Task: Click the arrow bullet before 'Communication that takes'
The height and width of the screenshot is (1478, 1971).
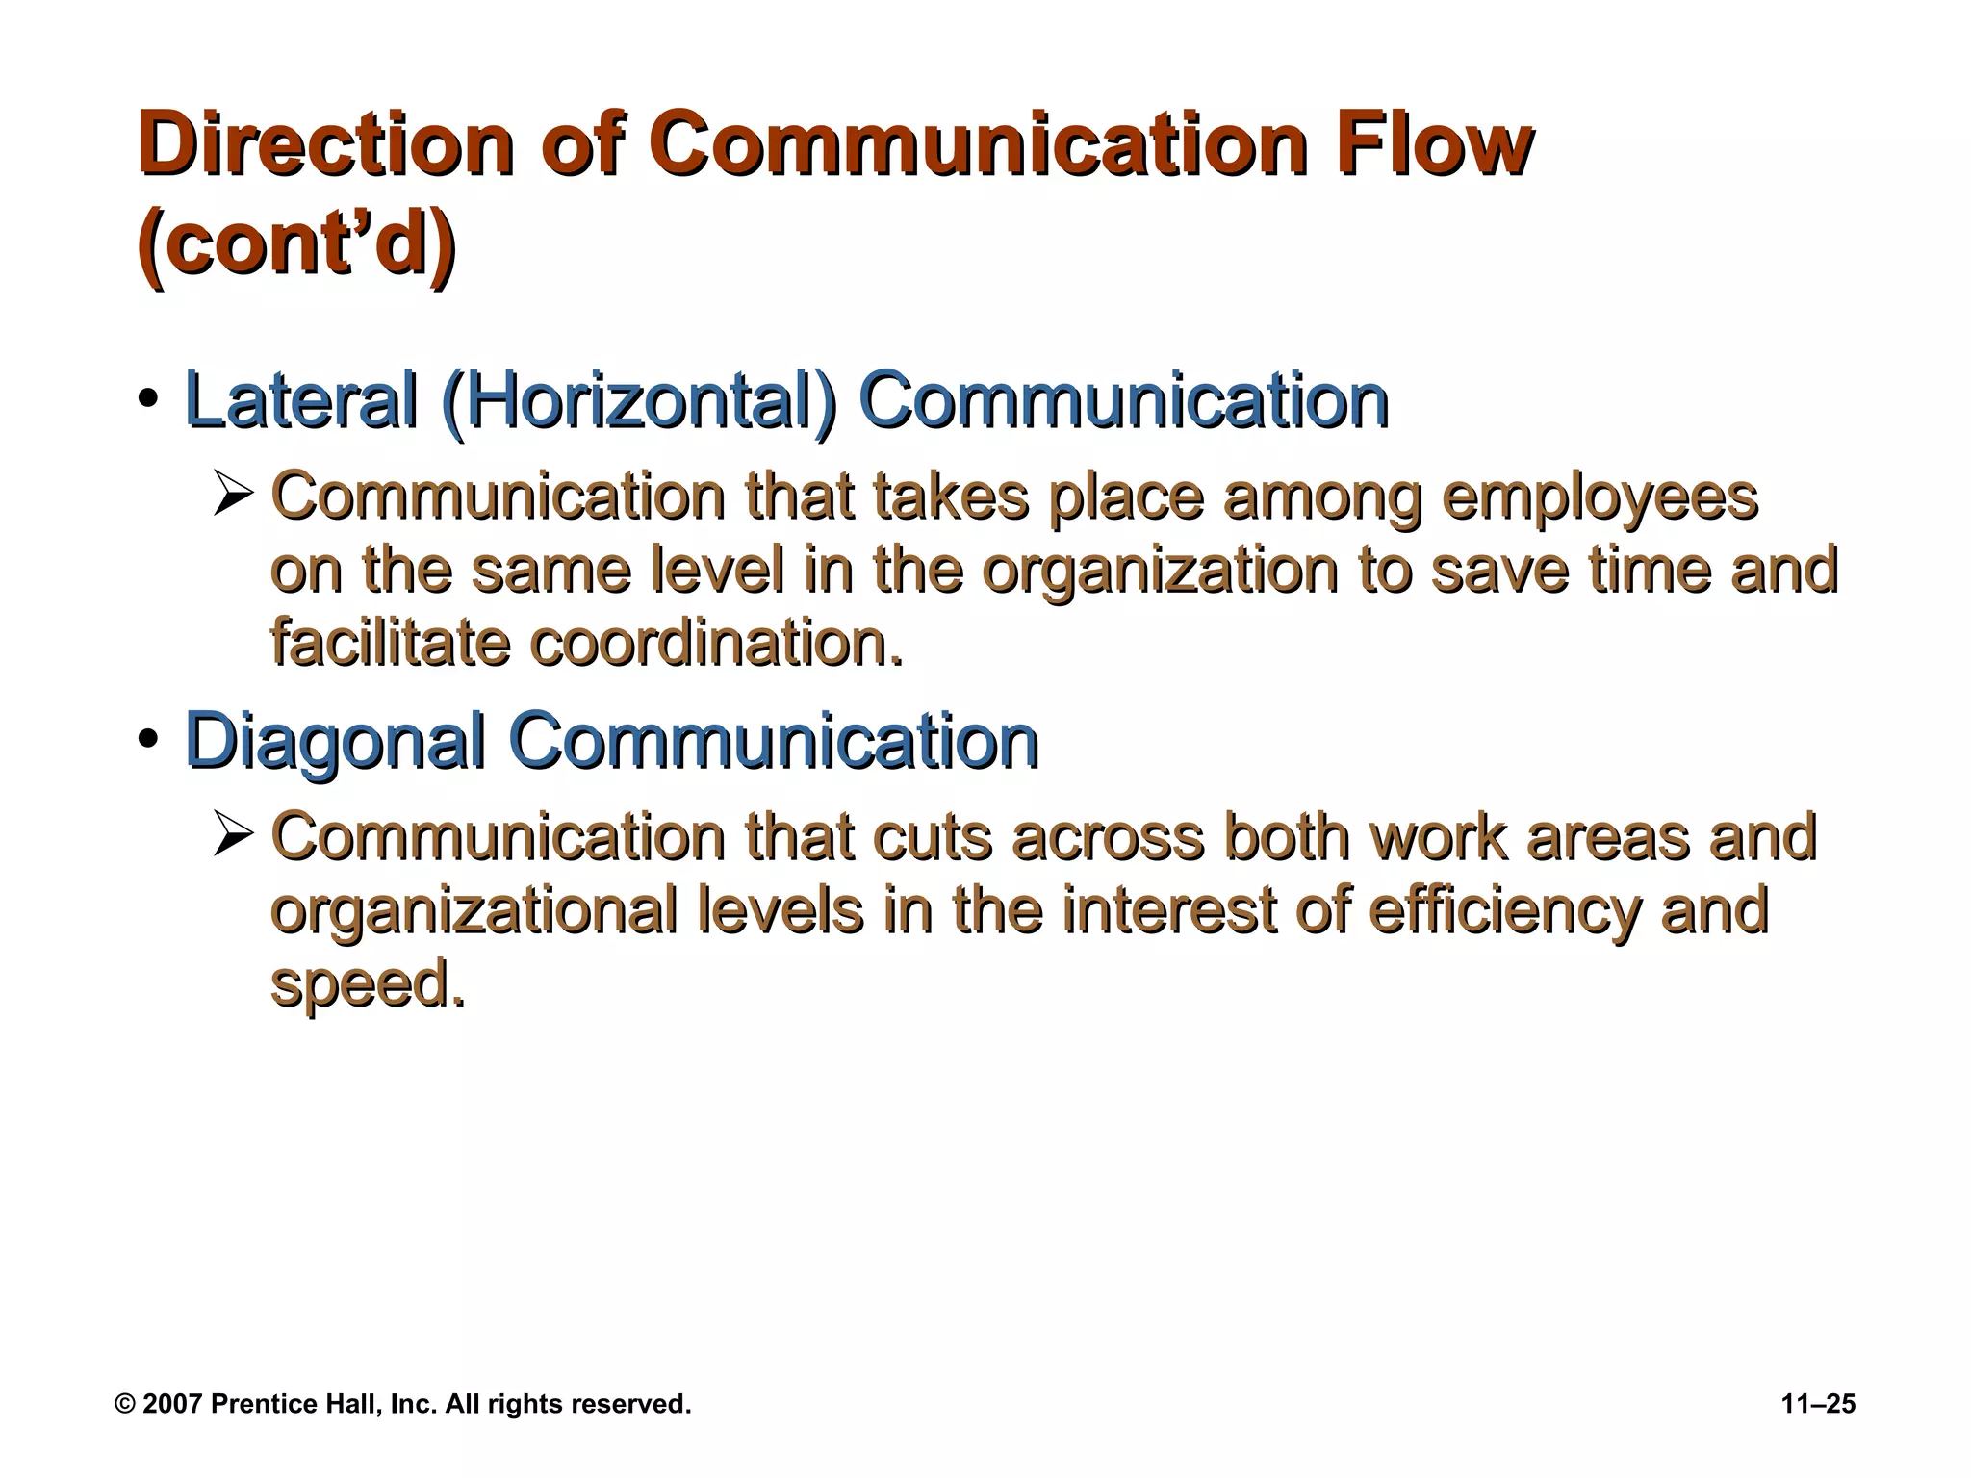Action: tap(233, 497)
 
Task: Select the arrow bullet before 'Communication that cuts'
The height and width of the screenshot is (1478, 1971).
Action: tap(233, 836)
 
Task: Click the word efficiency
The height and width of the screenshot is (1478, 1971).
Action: tap(1502, 912)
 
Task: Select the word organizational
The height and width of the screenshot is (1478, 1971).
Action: tap(474, 912)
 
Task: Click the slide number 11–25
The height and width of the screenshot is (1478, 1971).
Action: tap(1818, 1404)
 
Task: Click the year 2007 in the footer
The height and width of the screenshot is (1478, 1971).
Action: tap(172, 1404)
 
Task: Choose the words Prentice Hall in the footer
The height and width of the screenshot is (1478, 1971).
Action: tap(295, 1404)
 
